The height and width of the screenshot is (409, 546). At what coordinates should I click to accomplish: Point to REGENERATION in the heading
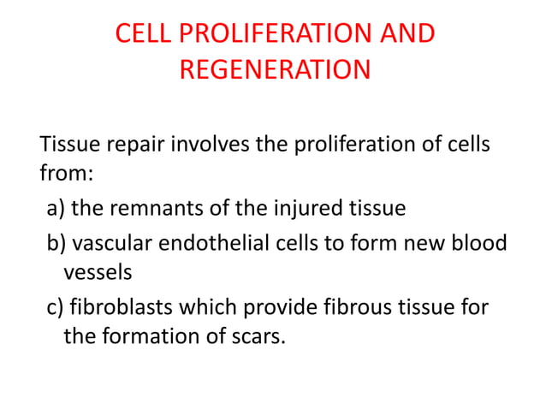coord(275,68)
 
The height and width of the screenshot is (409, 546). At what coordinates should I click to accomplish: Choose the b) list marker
coord(57,244)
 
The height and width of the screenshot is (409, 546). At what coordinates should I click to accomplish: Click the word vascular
coord(108,244)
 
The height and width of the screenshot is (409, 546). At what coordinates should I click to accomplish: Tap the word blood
coord(481,244)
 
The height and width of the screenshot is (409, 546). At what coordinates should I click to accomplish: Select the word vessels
coord(98,273)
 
